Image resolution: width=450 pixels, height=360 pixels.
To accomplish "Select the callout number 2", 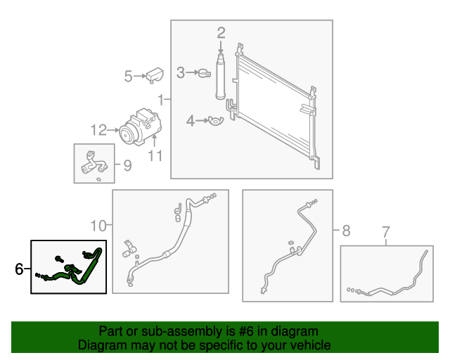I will point(221,32).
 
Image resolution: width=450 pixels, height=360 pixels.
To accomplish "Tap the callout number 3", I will point(181,72).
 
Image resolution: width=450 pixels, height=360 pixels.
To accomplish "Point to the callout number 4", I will point(190,122).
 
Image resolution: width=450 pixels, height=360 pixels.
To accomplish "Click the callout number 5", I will point(128,76).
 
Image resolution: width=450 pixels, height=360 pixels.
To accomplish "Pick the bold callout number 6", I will point(19,269).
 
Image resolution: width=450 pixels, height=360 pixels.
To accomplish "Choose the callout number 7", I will point(385,231).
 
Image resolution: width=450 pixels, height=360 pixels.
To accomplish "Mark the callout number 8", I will point(345,230).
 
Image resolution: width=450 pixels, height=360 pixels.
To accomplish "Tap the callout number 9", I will point(127,166).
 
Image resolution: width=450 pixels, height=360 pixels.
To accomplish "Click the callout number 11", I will point(155,155).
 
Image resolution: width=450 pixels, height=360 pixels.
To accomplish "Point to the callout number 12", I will point(98,129).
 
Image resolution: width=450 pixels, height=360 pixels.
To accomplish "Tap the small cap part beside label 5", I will point(155,75).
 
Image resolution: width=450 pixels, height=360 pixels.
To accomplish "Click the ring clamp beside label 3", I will point(204,72).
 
